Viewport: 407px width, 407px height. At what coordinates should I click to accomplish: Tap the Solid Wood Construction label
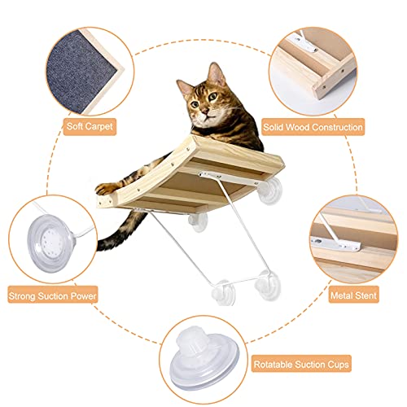313,128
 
